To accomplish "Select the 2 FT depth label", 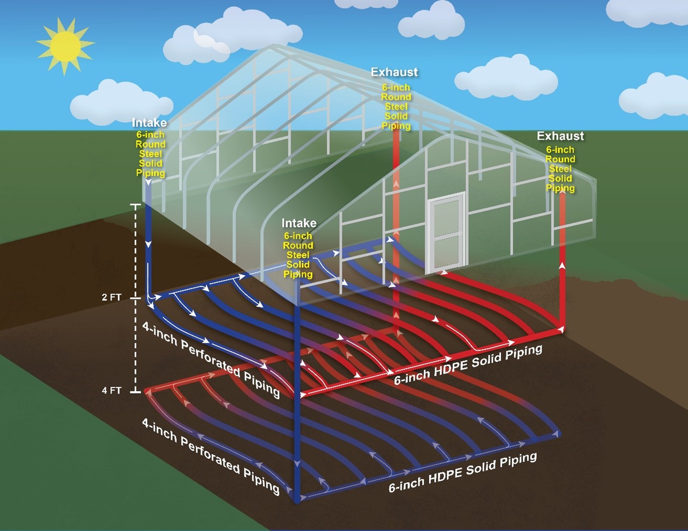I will coord(111,297).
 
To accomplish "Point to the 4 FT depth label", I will coord(111,391).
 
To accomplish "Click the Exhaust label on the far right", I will coord(560,136).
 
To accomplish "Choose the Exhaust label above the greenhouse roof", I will coord(394,72).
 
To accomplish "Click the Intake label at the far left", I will coord(150,123).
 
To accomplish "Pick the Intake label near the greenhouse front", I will coord(299,223).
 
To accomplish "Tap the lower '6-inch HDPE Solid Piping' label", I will coord(462,472).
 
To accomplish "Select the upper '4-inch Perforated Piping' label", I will coord(210,359).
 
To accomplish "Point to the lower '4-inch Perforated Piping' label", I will coord(210,456).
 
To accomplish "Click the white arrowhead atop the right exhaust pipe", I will coord(562,266).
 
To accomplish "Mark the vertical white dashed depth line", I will coord(136,346).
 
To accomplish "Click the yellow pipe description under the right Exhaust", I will coord(560,169).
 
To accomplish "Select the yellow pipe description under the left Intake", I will coord(151,154).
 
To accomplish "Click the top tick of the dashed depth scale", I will coord(136,205).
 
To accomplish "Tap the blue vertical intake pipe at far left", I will coord(149,246).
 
